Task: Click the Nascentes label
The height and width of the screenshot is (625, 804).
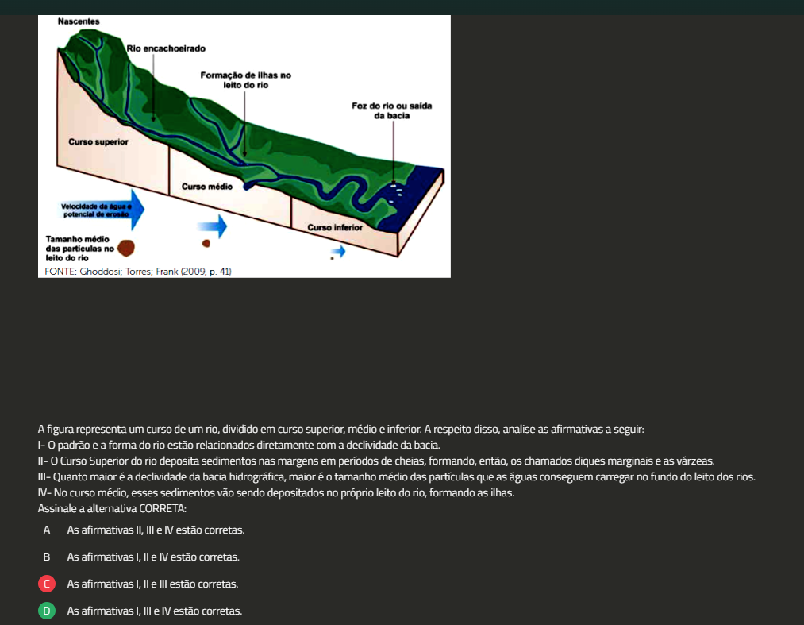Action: (79, 21)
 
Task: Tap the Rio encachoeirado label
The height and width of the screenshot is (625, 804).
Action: (166, 48)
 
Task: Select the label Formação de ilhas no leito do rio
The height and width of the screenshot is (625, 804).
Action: (245, 80)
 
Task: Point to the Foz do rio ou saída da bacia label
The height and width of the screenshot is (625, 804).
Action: (392, 111)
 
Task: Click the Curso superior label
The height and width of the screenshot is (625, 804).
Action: (98, 142)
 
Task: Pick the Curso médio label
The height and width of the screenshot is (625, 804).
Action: (207, 187)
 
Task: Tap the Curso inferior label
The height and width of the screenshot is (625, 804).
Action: (335, 227)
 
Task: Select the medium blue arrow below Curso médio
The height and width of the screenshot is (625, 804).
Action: (212, 226)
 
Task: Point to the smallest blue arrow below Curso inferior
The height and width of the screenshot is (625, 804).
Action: (338, 251)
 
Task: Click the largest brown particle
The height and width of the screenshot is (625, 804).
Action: (126, 248)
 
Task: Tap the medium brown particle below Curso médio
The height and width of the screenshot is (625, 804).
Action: (206, 243)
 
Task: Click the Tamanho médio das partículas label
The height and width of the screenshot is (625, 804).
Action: (79, 249)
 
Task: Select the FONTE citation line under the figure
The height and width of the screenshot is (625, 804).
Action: (138, 272)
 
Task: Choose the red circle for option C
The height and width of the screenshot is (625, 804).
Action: (47, 584)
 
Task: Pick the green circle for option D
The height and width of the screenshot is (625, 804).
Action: (47, 611)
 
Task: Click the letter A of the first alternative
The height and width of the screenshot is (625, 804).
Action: (47, 530)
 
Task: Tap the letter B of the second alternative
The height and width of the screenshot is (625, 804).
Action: (47, 557)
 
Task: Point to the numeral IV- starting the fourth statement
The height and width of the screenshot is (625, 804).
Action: (44, 492)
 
